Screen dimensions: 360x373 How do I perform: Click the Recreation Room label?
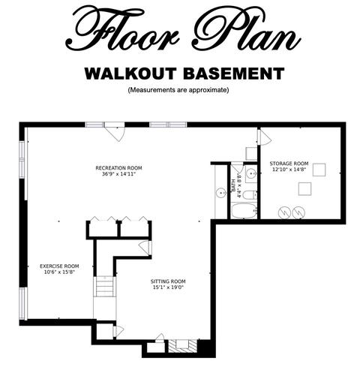tap(118, 168)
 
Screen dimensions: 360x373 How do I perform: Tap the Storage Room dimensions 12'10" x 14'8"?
tap(289, 170)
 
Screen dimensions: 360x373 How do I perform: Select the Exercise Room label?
tap(59, 266)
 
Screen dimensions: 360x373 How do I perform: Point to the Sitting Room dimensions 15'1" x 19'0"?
tap(168, 287)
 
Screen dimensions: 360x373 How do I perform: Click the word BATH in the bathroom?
tap(234, 186)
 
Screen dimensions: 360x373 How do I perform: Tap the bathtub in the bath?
tap(244, 211)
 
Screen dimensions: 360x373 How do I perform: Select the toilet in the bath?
tap(250, 194)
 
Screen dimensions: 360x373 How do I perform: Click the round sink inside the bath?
tap(251, 173)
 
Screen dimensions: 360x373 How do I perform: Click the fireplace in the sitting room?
tap(182, 345)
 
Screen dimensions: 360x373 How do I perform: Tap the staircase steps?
tap(105, 287)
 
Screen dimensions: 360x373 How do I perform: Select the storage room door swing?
tap(265, 137)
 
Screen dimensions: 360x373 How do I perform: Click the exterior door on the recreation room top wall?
tap(115, 131)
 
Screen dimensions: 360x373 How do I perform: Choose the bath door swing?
tap(237, 167)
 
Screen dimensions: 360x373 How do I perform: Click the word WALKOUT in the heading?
tap(130, 74)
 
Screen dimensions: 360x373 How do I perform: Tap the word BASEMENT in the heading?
tap(234, 74)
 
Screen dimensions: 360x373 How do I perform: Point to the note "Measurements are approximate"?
tap(178, 90)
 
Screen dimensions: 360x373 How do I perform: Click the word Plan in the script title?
tap(246, 29)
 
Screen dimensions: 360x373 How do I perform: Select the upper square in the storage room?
tap(319, 170)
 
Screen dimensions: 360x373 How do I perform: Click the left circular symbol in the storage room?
tap(284, 212)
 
